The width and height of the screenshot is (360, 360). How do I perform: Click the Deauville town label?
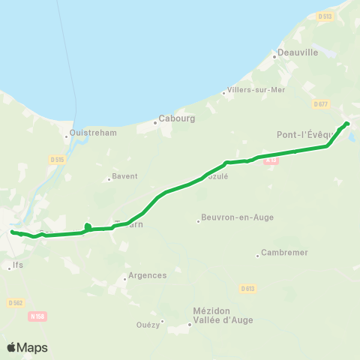coord(298,53)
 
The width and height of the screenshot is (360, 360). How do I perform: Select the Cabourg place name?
coord(176,119)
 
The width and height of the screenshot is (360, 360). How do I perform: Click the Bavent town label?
coord(124,177)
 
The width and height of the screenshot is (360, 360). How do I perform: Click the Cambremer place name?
coord(284,253)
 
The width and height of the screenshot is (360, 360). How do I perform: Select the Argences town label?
coord(147,275)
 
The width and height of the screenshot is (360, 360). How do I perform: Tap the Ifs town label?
coord(18,266)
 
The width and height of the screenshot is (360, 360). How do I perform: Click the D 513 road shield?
coord(324,16)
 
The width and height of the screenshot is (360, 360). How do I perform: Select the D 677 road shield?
coord(321,104)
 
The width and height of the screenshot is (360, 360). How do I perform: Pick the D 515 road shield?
coord(56,159)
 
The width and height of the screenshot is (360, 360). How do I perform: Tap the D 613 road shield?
coord(248,288)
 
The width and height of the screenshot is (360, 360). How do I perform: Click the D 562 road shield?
coord(15,302)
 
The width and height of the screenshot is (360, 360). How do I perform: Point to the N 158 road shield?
coord(37,316)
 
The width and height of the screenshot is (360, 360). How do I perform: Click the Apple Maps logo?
coord(27,347)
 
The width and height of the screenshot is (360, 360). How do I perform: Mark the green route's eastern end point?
coord(346,123)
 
